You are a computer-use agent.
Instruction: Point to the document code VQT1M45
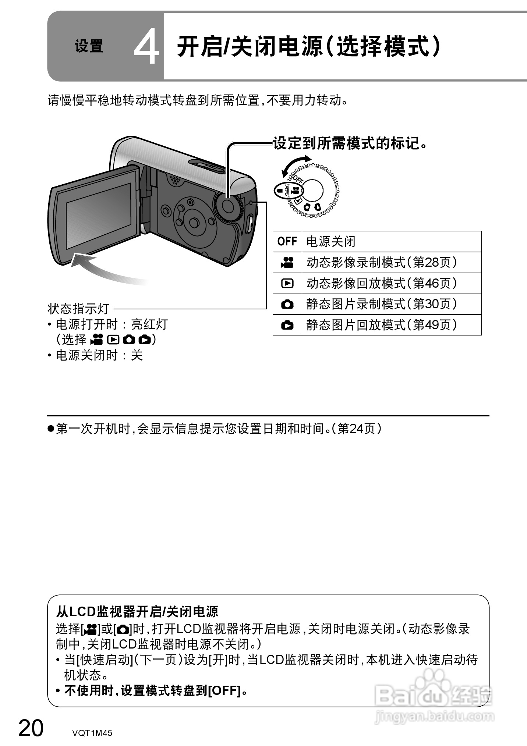92,733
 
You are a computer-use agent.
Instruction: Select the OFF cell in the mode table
287,242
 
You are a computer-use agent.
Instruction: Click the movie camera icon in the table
287,262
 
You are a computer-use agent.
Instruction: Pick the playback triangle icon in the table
287,283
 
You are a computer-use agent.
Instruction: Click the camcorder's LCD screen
98,216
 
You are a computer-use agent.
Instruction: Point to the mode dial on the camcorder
228,206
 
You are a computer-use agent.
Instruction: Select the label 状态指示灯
78,309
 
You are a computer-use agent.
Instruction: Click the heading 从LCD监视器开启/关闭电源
137,611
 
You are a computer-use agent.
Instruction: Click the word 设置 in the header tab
89,47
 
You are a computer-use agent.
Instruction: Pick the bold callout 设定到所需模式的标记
350,143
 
